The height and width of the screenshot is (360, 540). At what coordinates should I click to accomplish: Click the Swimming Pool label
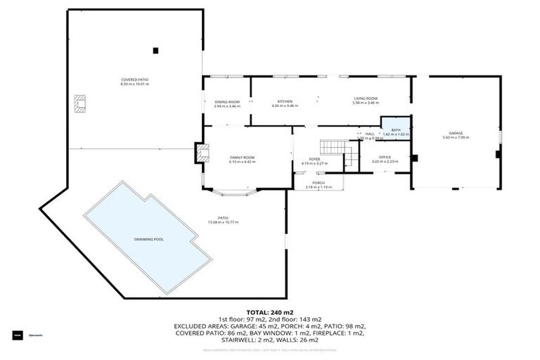point(148,240)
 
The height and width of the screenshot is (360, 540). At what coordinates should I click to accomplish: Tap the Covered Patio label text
point(135,81)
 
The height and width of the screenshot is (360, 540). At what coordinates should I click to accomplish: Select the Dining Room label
point(227,102)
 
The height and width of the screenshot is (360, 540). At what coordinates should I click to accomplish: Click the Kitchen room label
point(285,102)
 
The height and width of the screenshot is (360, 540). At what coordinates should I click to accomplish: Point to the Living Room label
point(366,98)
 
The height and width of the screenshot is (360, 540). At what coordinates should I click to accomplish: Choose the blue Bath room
point(395,130)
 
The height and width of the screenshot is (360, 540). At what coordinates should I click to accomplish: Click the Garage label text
point(456,133)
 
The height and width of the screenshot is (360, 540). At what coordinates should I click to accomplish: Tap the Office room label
point(385,157)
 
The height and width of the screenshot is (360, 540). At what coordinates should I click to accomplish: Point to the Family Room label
point(242,157)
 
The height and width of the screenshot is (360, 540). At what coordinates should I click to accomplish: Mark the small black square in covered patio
point(155,50)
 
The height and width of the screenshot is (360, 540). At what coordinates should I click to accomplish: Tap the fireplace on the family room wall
point(203,153)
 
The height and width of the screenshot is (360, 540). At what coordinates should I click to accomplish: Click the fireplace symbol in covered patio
point(79,103)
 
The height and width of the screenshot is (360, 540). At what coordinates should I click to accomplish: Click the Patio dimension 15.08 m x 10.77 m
point(223,223)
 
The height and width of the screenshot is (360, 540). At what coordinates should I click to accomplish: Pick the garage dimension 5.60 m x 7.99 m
point(456,137)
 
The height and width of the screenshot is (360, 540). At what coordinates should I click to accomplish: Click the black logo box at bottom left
point(17,335)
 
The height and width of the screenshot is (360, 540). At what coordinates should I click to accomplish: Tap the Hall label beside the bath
point(369,134)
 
